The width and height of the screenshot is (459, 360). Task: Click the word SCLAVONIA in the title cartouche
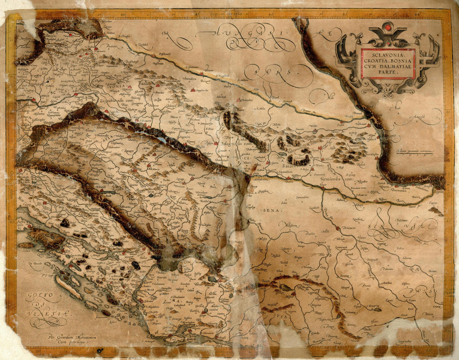coord(388,55)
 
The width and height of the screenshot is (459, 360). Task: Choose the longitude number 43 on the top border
coord(345,14)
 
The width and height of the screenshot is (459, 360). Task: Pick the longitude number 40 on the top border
coord(122,14)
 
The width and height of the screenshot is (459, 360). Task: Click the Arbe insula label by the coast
coord(23,224)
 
